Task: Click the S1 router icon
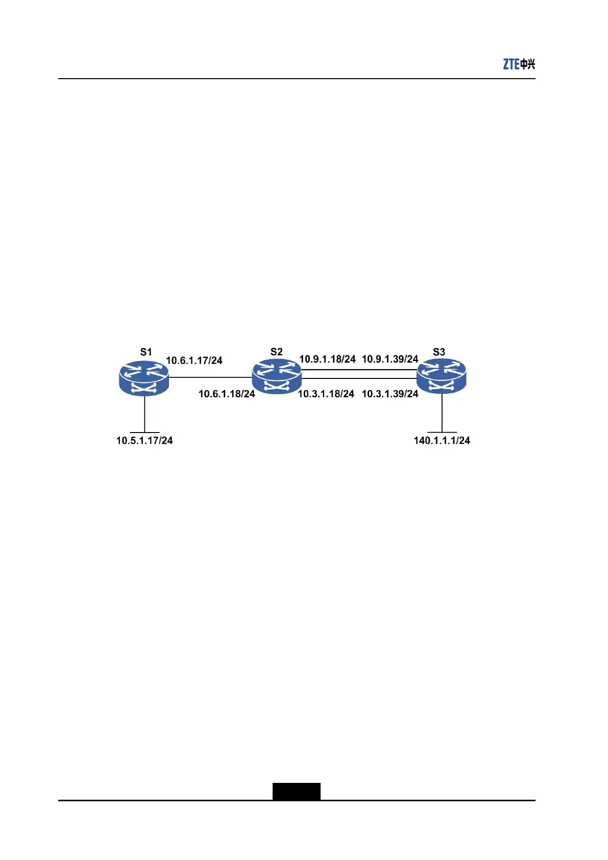click(143, 378)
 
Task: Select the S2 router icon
click(277, 376)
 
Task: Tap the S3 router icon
click(442, 376)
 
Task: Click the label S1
click(146, 352)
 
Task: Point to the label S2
click(276, 352)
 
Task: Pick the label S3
click(439, 352)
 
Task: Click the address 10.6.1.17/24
click(194, 361)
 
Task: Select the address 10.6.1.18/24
click(227, 394)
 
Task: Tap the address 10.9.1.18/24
click(327, 359)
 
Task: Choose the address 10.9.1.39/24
click(390, 359)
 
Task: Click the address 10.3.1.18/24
click(326, 394)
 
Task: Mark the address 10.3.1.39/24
click(390, 394)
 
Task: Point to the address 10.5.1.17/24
click(144, 440)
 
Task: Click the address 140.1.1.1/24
click(442, 440)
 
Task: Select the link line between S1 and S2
click(210, 377)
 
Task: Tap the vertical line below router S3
click(442, 413)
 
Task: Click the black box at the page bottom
click(296, 791)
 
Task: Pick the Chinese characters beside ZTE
click(528, 64)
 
